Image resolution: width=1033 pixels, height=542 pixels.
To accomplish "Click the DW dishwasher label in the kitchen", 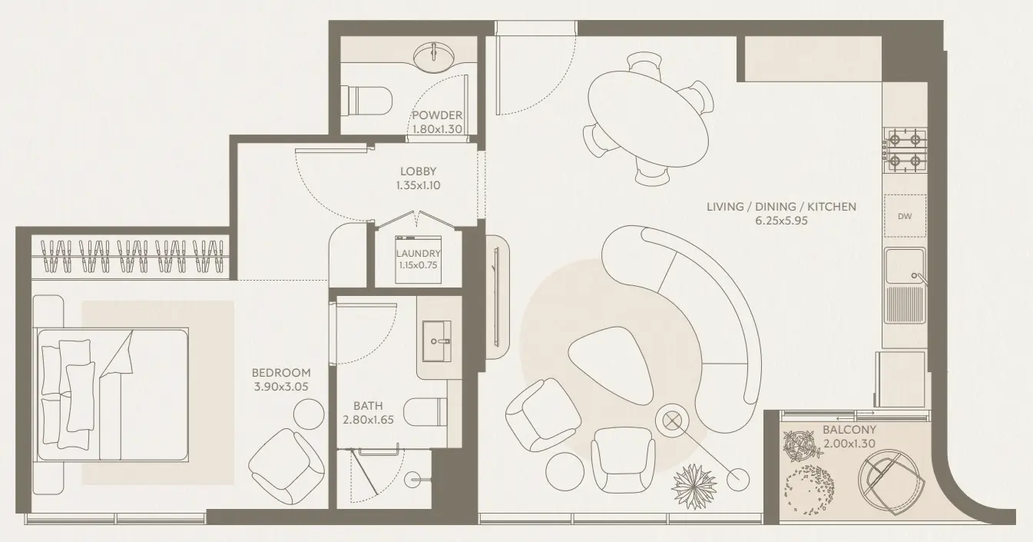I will pos(905,216).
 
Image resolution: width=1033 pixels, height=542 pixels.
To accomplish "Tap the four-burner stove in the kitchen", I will pos(907,150).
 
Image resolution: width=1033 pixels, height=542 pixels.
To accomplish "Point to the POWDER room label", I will pos(437,116).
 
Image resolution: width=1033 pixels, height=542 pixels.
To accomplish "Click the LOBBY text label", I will pos(418,171).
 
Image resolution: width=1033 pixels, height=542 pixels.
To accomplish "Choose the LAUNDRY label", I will pos(418,253).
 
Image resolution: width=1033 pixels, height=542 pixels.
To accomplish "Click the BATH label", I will pos(368,405).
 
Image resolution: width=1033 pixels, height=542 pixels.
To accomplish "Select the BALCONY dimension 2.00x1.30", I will pos(849,444).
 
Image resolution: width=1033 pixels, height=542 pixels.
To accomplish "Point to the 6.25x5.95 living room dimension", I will pos(781,221).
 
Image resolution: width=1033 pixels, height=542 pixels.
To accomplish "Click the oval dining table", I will pos(649,118).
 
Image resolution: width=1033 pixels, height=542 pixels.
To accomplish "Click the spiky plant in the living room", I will pos(696,487).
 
